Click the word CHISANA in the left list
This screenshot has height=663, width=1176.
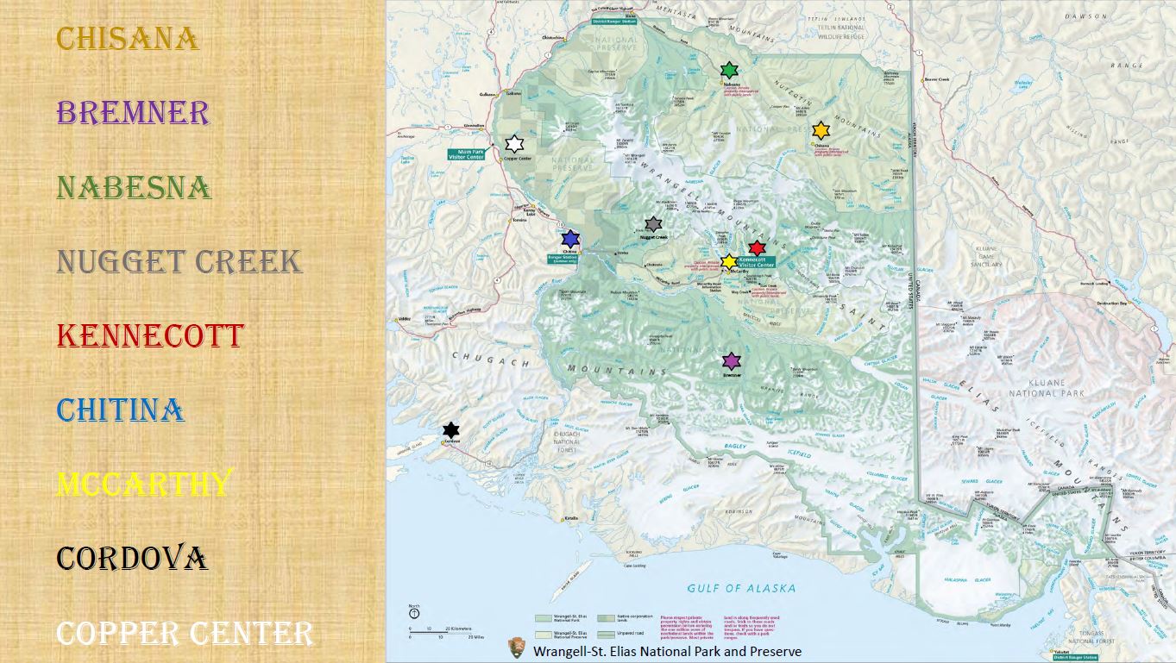[x=127, y=39]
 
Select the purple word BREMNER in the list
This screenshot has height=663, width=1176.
[x=132, y=113]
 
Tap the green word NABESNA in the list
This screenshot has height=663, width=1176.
[x=134, y=187]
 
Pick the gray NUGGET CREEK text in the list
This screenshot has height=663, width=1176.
[x=179, y=261]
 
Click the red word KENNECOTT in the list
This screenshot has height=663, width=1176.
[x=150, y=335]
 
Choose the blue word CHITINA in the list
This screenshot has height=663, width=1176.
[x=120, y=410]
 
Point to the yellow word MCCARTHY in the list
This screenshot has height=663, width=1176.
[x=144, y=484]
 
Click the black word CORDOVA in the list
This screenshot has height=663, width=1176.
[x=131, y=558]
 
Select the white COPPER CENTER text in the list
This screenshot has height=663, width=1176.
[x=184, y=633]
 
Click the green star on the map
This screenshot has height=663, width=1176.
[x=729, y=70]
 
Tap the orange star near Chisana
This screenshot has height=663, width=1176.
[x=821, y=130]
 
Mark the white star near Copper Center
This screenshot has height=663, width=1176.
[x=514, y=144]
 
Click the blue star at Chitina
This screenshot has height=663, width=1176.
[x=569, y=239]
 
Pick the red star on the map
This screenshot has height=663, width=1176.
[x=757, y=248]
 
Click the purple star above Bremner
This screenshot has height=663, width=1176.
[x=732, y=360]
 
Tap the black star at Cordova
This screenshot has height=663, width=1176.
[x=450, y=429]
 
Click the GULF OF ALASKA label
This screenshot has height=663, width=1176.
[x=741, y=588]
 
